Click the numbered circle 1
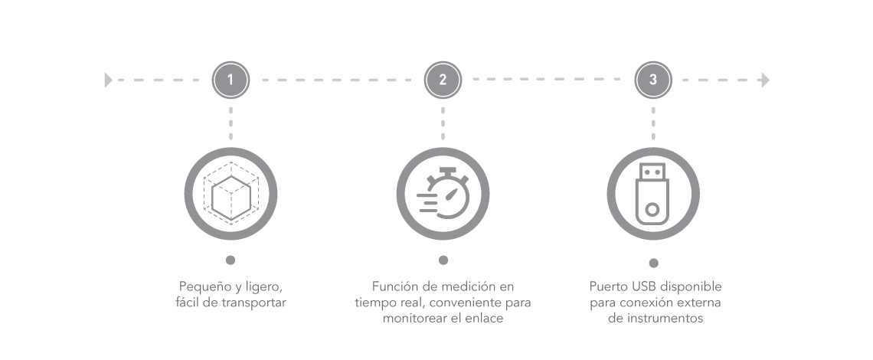coord(231,80)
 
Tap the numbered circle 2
coord(443,80)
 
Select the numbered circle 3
coord(653,80)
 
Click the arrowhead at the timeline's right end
coord(766,80)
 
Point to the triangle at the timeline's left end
coord(109,80)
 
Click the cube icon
coord(231,194)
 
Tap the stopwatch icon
coord(443,193)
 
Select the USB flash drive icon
coord(652,194)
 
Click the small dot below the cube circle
coord(231,260)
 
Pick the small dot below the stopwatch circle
coord(443,260)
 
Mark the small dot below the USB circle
coord(654,263)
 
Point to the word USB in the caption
coord(643,287)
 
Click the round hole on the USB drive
coord(652,210)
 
